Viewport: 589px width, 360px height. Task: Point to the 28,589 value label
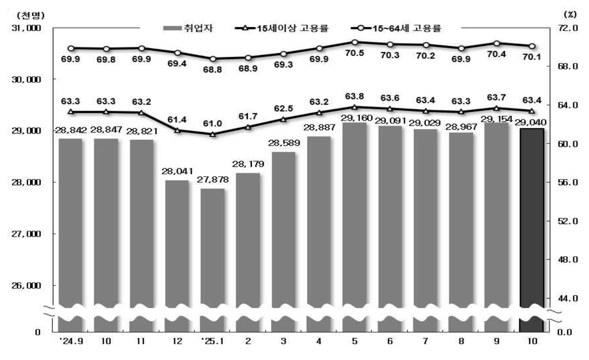click(284, 143)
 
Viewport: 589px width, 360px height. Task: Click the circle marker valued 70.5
click(354, 42)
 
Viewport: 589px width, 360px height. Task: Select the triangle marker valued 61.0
click(213, 134)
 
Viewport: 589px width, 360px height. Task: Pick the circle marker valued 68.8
click(213, 59)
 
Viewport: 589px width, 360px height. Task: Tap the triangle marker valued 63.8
click(354, 107)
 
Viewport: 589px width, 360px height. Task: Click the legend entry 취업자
click(188, 28)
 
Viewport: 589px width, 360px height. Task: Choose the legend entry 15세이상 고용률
click(282, 28)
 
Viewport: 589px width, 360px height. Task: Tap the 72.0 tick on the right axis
click(568, 28)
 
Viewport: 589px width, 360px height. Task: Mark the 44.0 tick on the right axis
click(568, 298)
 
